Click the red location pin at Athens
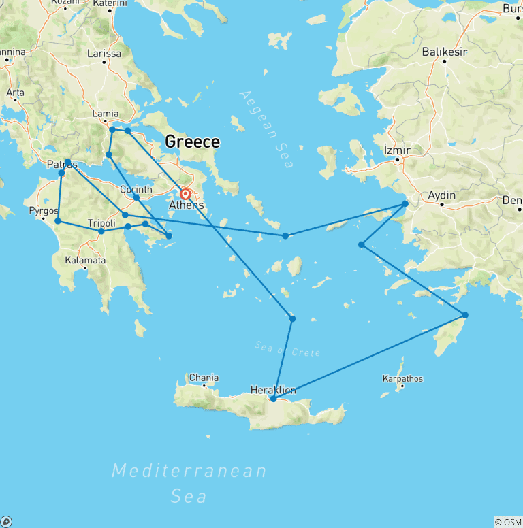(185, 193)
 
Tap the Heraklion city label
(273, 390)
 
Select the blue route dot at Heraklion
(273, 399)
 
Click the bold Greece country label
(193, 142)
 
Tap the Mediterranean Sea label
(189, 482)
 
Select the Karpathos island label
(402, 378)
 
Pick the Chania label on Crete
(204, 378)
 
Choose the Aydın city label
(441, 196)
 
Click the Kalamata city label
(85, 260)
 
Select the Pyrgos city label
(43, 211)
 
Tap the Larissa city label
(104, 54)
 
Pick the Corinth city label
(136, 189)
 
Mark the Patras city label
(62, 164)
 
